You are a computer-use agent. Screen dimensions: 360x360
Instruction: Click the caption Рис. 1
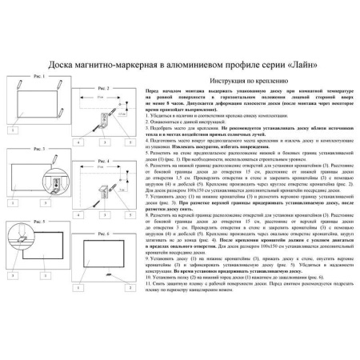38,73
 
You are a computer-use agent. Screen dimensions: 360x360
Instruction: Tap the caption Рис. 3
38,149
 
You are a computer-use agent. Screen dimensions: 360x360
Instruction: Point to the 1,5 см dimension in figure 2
121,116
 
